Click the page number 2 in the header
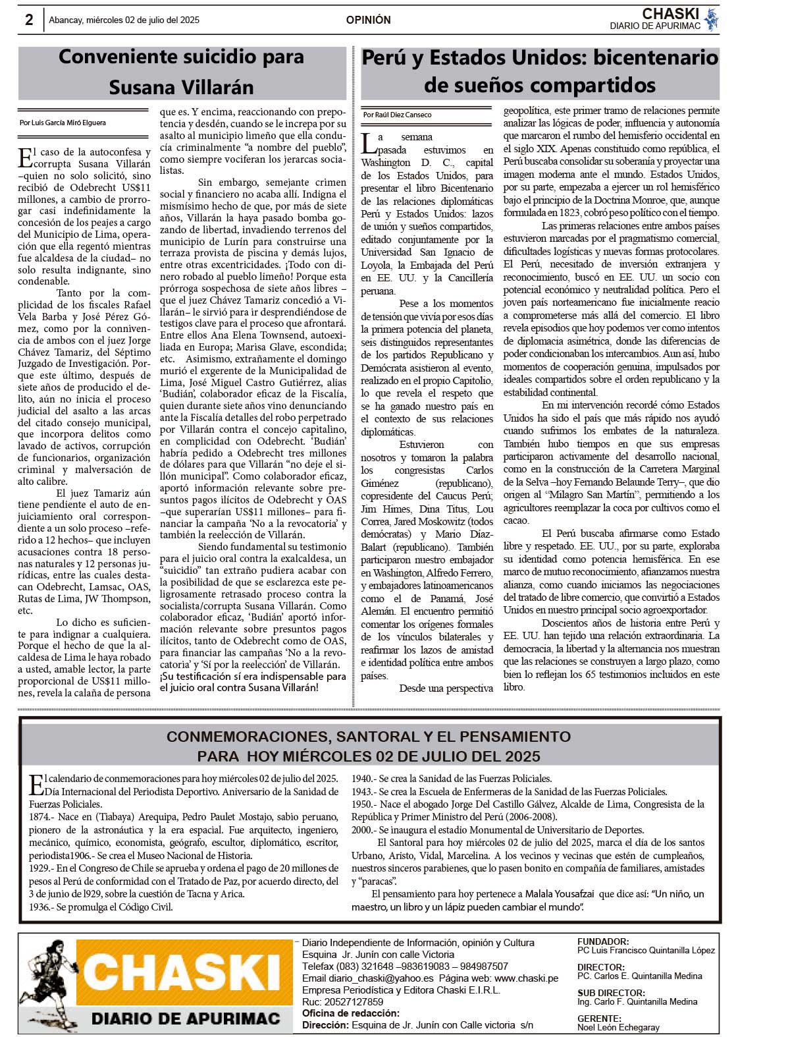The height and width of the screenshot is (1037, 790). coord(29,20)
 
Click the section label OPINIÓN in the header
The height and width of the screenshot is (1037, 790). coord(368,20)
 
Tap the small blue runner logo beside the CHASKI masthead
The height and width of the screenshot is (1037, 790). coord(710,19)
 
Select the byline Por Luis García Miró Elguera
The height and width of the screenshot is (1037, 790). coord(63,123)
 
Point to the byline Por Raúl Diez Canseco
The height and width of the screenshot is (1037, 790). coord(397,115)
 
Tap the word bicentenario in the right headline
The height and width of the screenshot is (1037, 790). coord(656,58)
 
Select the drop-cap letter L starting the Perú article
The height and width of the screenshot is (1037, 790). coord(369,142)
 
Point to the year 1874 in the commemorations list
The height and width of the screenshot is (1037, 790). coord(40,817)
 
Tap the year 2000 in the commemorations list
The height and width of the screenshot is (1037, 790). coord(362,830)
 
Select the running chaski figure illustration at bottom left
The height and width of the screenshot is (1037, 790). coord(46,982)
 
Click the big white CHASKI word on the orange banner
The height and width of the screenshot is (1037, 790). coord(184,973)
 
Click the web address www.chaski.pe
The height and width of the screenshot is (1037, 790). coord(526,978)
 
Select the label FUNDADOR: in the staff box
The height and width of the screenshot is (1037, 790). coord(603,942)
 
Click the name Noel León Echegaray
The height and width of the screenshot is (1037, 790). coord(618,1027)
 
